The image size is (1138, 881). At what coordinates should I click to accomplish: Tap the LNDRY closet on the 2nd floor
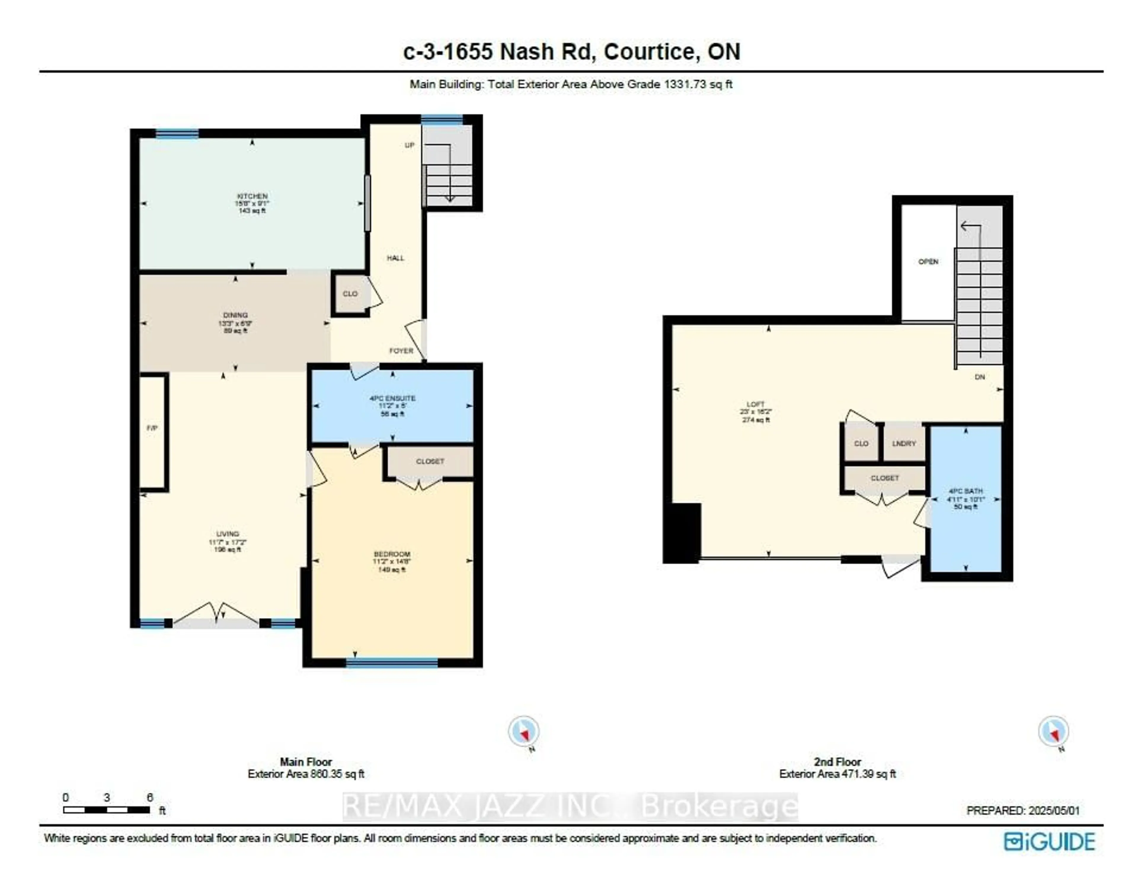click(904, 443)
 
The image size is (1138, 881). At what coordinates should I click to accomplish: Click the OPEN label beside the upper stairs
click(928, 262)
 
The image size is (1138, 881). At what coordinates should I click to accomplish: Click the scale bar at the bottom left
click(106, 810)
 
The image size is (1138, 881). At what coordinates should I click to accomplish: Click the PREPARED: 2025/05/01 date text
click(1023, 811)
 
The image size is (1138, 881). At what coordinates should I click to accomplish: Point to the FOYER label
click(401, 351)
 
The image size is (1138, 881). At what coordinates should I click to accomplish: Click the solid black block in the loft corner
click(683, 533)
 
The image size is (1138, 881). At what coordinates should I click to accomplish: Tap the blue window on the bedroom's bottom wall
click(392, 663)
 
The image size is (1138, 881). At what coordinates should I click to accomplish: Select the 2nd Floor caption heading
click(837, 762)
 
